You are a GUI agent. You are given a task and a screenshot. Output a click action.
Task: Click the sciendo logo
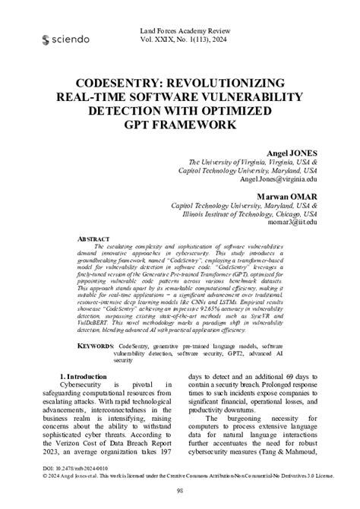point(67,39)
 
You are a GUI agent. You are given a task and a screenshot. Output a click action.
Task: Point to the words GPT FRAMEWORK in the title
point(179,125)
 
